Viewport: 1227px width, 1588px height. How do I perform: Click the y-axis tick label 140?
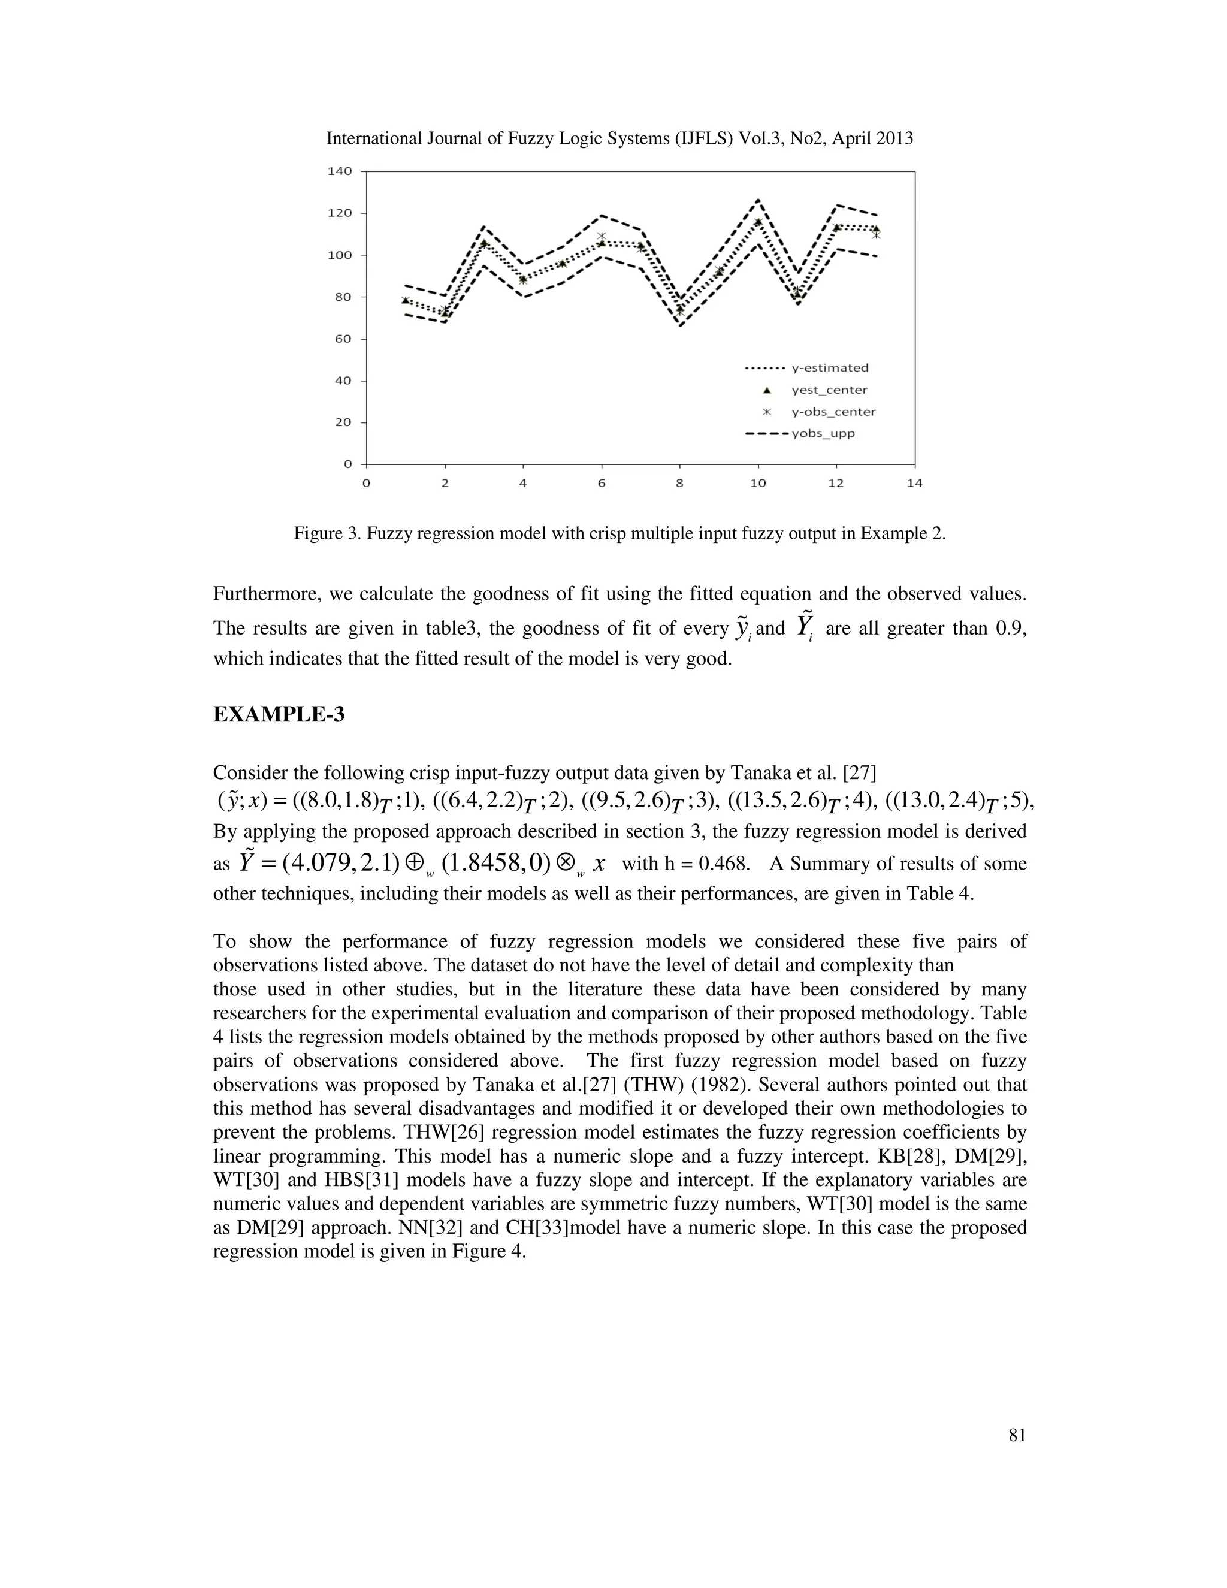click(x=340, y=171)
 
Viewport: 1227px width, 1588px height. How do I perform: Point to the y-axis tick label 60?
click(x=341, y=339)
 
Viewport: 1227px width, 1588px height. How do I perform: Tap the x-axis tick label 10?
click(x=757, y=484)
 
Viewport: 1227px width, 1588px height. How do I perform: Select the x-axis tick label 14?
click(x=914, y=484)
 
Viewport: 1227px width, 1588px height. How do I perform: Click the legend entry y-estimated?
click(x=829, y=368)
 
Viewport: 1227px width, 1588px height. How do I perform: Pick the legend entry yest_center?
click(x=829, y=390)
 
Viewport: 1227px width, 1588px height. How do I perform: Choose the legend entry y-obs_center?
click(x=833, y=412)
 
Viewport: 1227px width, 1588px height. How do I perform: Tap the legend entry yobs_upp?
click(x=823, y=433)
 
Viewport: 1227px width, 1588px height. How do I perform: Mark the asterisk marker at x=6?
click(x=601, y=236)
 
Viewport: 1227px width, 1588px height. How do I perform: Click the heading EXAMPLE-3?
click(x=279, y=715)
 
